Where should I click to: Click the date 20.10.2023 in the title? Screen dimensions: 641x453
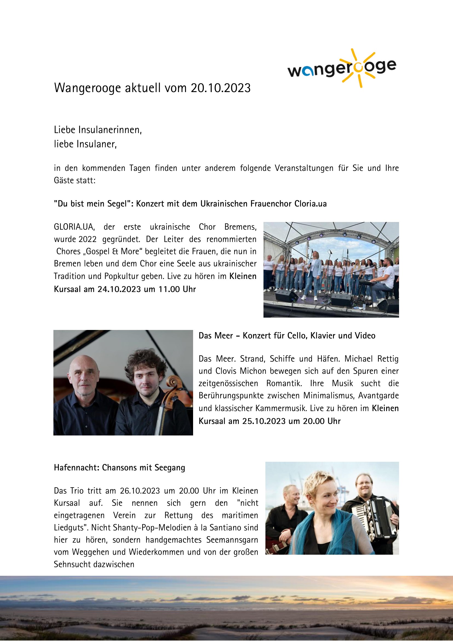click(x=221, y=88)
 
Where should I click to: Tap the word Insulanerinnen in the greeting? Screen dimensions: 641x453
click(x=110, y=130)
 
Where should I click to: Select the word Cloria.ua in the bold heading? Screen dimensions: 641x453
click(x=311, y=204)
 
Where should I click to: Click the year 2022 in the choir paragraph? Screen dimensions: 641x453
click(x=87, y=239)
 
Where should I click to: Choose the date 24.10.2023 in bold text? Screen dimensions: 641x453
click(x=119, y=289)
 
